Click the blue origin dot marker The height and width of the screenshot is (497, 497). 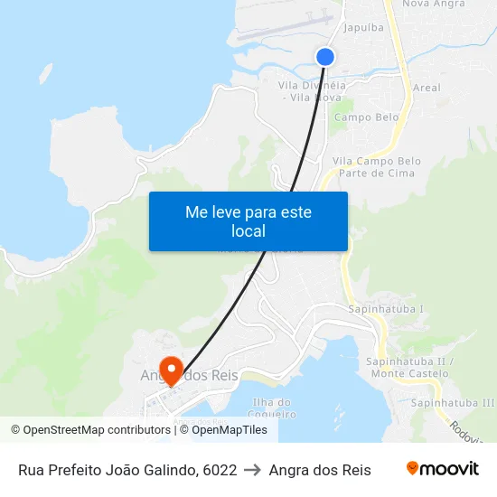pos(325,57)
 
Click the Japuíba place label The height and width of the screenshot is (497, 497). pos(365,27)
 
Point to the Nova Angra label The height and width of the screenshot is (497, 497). pos(433,5)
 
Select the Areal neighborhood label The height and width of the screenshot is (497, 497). pos(426,88)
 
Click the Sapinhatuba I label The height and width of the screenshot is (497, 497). pos(386,309)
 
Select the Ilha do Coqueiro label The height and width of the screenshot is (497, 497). pos(273,408)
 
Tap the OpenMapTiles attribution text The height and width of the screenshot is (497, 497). pos(223,430)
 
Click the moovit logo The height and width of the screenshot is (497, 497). pos(442,469)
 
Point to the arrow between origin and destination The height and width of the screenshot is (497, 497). pos(253,470)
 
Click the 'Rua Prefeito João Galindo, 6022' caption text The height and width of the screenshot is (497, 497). pos(127,470)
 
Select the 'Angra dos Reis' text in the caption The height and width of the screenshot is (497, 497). pos(320,470)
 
